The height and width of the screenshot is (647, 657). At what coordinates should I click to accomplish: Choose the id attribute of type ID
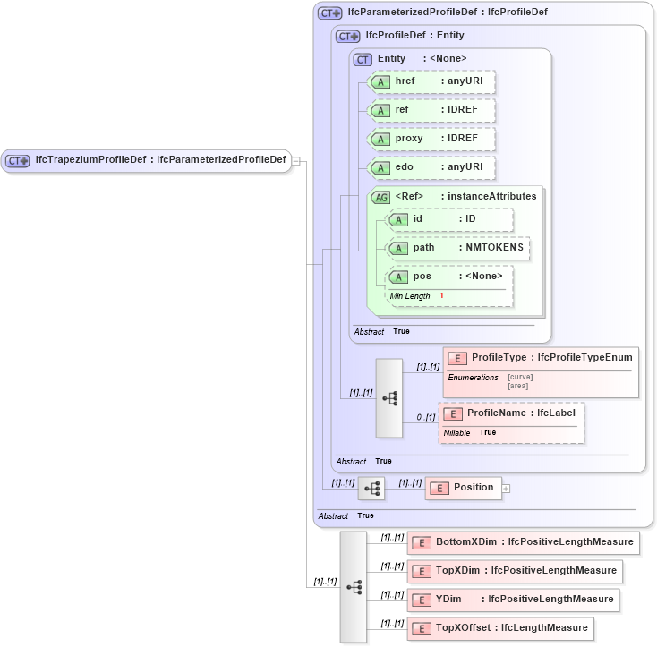click(449, 219)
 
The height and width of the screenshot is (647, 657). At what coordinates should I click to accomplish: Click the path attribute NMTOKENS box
click(457, 248)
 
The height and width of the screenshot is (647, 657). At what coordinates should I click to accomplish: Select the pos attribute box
click(449, 277)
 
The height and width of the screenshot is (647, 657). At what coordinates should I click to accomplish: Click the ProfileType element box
click(541, 358)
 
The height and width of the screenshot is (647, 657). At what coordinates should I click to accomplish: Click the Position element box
click(463, 488)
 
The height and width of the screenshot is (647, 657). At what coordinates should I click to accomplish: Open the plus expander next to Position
click(507, 489)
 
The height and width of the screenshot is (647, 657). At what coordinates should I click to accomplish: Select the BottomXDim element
click(523, 542)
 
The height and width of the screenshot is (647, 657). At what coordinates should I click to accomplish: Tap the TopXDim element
click(514, 571)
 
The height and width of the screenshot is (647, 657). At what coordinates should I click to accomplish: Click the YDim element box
click(513, 600)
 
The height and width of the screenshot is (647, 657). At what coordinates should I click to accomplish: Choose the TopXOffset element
click(500, 628)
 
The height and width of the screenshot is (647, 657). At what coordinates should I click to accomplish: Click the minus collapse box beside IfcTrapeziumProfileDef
click(296, 162)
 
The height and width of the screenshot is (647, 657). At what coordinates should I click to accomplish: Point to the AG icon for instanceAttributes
click(380, 197)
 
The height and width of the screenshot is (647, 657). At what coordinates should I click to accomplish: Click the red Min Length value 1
click(441, 296)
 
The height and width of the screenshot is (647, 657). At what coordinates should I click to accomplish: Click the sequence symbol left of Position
click(371, 489)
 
